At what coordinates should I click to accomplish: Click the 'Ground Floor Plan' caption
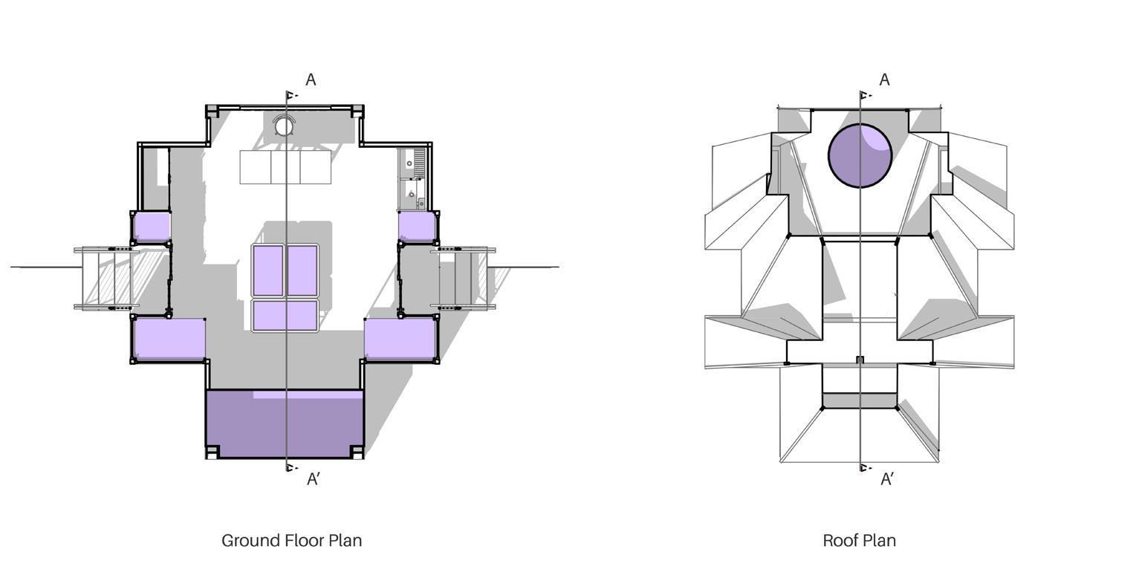(x=292, y=540)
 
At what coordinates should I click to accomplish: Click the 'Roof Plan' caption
(x=859, y=540)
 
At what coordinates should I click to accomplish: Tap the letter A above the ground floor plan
(x=311, y=80)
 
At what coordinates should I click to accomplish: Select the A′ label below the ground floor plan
(x=314, y=479)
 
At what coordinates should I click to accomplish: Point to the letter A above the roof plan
(x=884, y=80)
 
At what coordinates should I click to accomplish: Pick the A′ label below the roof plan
(x=887, y=479)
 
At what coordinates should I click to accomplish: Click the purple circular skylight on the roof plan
(x=860, y=156)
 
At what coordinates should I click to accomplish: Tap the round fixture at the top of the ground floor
(x=284, y=126)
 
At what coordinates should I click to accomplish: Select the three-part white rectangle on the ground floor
(x=285, y=167)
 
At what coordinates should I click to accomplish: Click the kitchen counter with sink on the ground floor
(x=412, y=179)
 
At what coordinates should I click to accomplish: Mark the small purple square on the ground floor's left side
(x=152, y=227)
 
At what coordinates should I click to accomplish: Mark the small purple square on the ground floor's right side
(x=417, y=227)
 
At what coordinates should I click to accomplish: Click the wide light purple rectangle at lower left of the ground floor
(x=169, y=339)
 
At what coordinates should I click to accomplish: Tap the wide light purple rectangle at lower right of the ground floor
(x=399, y=339)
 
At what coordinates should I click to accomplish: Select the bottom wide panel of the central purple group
(x=285, y=315)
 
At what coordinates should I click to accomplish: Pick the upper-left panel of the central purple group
(x=267, y=270)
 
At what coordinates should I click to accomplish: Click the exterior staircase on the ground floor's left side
(x=108, y=277)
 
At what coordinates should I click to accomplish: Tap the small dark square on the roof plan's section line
(x=860, y=360)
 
